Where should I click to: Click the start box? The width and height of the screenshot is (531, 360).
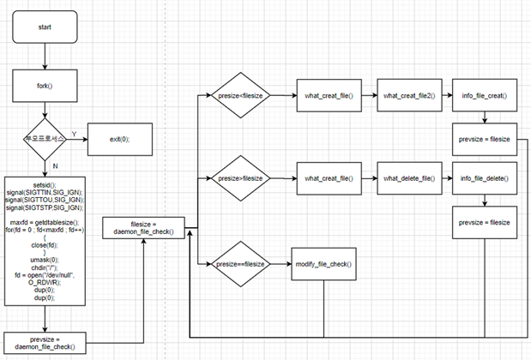(x=44, y=27)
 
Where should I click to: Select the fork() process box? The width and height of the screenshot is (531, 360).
(x=44, y=86)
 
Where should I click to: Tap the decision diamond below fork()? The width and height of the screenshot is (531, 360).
(x=44, y=137)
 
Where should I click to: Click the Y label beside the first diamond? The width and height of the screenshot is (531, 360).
(x=73, y=132)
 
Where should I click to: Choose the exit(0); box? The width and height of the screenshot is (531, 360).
(x=118, y=137)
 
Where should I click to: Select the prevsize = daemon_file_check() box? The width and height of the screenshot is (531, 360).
(x=44, y=342)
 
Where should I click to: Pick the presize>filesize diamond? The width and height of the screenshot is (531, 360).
(x=243, y=178)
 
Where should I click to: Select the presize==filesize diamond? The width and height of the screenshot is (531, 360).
(x=243, y=264)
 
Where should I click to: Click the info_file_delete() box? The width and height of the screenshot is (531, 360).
(x=485, y=178)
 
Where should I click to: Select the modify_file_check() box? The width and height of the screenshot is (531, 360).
(x=323, y=264)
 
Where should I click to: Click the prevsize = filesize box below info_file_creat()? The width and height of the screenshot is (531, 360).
(x=485, y=139)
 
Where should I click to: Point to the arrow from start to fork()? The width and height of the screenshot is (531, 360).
(x=44, y=57)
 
